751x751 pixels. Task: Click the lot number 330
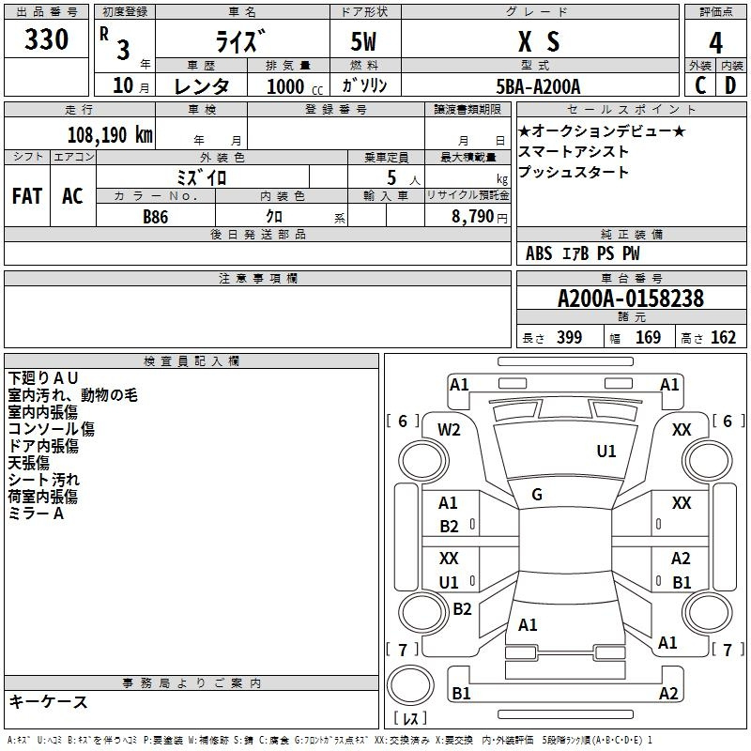click(x=46, y=38)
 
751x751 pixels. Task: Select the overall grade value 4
click(x=715, y=42)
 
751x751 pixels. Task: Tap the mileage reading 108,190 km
click(x=110, y=134)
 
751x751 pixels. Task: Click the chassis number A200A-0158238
click(x=631, y=299)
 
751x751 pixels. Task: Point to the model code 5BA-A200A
click(x=538, y=86)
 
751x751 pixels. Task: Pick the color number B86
click(x=156, y=217)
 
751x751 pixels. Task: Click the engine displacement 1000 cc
click(x=295, y=86)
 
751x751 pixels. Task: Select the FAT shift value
click(x=27, y=196)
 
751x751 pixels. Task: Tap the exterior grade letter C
click(x=700, y=85)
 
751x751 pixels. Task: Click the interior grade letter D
click(x=730, y=85)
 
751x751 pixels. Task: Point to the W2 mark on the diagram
click(x=449, y=430)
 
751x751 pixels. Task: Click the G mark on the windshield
click(x=537, y=495)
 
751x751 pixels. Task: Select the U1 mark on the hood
click(x=605, y=451)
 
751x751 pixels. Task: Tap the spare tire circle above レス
click(x=410, y=684)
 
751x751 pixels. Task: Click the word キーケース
click(x=49, y=701)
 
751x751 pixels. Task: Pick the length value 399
click(x=569, y=337)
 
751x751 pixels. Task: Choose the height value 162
click(x=723, y=337)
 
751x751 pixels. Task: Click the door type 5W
click(x=363, y=41)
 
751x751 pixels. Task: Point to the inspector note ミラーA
click(x=36, y=513)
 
